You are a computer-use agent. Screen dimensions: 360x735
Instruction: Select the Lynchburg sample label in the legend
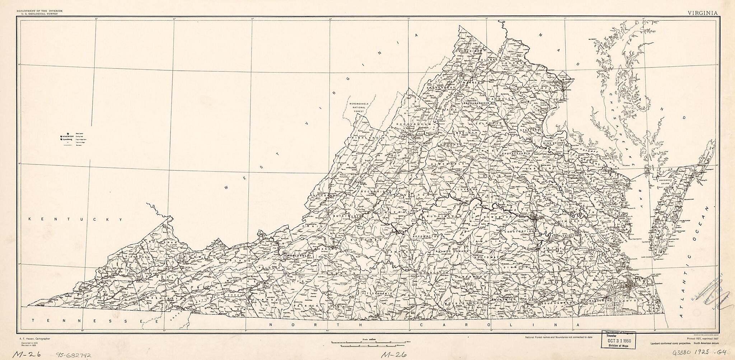(67, 139)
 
